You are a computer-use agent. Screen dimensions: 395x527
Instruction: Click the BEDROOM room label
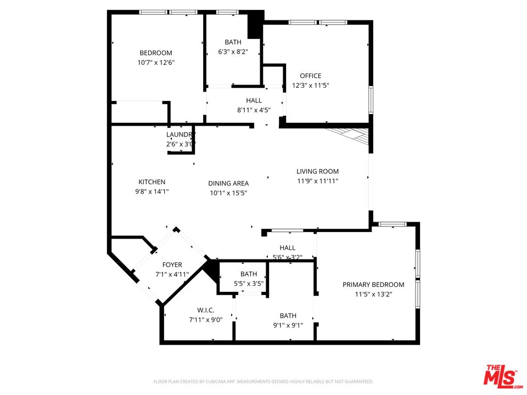point(156,53)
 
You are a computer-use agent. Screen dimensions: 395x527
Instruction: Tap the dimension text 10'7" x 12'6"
point(156,63)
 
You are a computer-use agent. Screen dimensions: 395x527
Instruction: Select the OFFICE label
point(310,76)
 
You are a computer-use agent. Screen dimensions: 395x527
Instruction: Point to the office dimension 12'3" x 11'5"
point(310,86)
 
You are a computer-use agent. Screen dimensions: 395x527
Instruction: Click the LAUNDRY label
point(181,135)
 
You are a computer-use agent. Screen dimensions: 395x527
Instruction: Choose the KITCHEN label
point(152,182)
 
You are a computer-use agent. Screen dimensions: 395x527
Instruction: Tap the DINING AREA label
point(228,183)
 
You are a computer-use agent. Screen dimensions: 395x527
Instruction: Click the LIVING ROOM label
point(317,171)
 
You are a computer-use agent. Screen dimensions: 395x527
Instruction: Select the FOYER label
point(172,265)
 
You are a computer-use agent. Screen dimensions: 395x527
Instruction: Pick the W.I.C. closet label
point(206,310)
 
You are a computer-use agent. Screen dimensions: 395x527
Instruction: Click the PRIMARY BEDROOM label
point(373,284)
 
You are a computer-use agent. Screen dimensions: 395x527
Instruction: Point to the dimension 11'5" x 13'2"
point(373,294)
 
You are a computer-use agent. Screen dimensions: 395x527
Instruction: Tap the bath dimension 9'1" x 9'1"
point(288,325)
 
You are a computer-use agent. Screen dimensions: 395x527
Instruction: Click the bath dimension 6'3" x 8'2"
point(233,52)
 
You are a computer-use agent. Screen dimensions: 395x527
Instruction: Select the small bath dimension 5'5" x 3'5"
point(249,284)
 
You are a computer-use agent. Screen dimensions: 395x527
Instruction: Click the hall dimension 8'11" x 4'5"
point(254,110)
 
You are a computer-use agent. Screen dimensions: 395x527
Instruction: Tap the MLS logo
point(501,376)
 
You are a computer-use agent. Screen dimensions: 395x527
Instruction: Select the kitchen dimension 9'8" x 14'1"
point(152,192)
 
